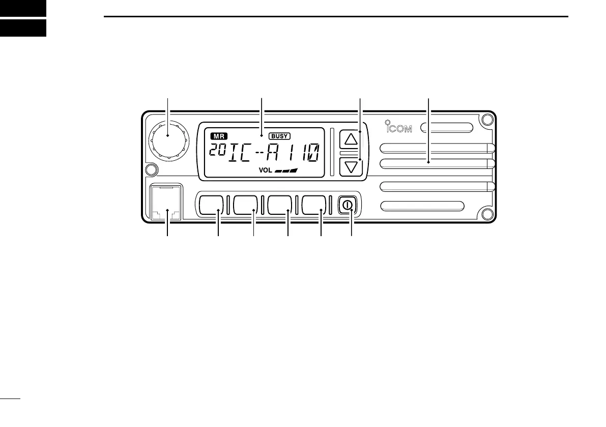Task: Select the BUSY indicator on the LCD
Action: [279, 136]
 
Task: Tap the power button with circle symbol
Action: [348, 205]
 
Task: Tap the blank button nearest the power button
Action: [315, 205]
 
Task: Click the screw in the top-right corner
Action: [487, 120]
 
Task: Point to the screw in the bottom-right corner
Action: [487, 214]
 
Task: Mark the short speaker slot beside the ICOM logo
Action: [448, 127]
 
